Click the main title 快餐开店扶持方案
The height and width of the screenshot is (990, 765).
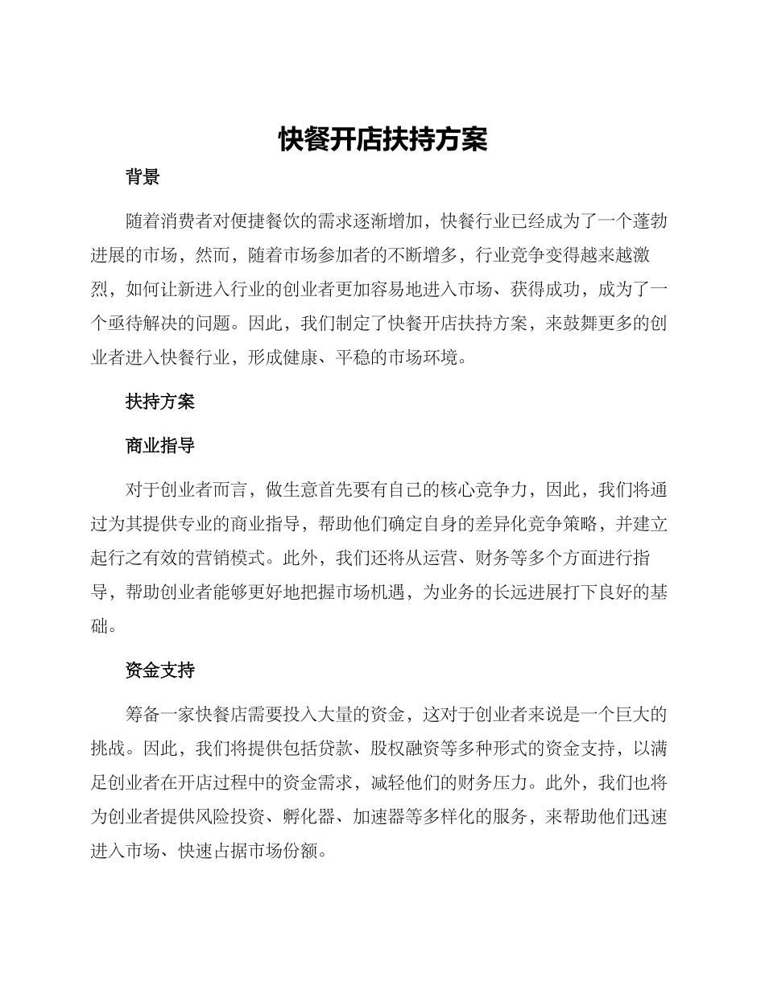pyautogui.click(x=382, y=139)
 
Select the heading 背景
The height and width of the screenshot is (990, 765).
pyautogui.click(x=143, y=178)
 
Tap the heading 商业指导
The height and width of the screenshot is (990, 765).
pyautogui.click(x=159, y=445)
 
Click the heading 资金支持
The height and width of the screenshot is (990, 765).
pyautogui.click(x=159, y=669)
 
